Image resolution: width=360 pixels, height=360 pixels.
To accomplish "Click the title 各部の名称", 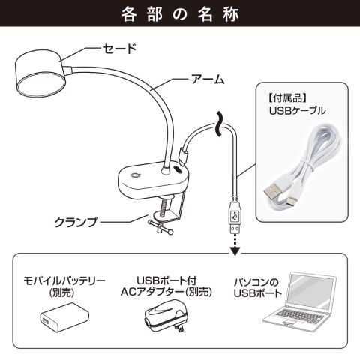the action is click(x=180, y=14).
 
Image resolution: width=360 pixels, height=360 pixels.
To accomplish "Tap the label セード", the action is click(x=119, y=48).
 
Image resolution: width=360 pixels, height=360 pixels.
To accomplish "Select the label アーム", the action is click(x=208, y=79).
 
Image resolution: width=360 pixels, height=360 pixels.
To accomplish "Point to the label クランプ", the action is click(x=76, y=222).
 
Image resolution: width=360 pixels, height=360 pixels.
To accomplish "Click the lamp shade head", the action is click(x=40, y=73).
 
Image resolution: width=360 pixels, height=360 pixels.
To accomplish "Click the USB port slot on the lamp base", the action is click(x=178, y=169).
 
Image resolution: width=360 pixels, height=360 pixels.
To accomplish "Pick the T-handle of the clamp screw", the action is click(x=160, y=227).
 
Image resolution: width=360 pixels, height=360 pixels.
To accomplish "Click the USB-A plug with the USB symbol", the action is click(x=235, y=214).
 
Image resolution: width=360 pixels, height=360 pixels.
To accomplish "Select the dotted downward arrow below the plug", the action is click(x=235, y=245).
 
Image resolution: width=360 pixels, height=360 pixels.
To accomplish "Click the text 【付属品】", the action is click(x=288, y=98).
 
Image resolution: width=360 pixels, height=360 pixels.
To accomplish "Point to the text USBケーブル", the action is click(x=298, y=110).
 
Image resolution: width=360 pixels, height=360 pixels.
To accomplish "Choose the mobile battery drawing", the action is click(x=64, y=317).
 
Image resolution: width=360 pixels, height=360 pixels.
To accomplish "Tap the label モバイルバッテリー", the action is click(x=64, y=281).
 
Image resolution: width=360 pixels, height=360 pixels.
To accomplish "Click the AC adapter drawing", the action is click(x=166, y=316).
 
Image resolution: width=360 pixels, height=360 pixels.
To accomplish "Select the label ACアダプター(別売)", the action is click(x=166, y=292).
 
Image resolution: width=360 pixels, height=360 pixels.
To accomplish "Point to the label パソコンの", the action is click(x=256, y=283).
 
